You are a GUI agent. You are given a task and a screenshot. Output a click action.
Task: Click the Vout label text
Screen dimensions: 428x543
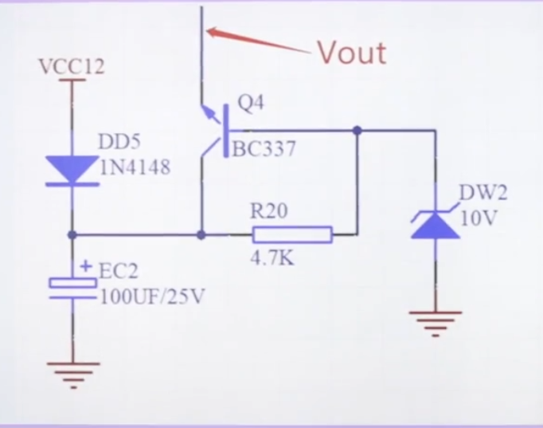[x=352, y=53]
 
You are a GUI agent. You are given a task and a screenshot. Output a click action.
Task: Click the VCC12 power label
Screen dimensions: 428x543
[x=72, y=67]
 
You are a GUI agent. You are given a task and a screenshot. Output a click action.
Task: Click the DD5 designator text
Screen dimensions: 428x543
[x=119, y=142]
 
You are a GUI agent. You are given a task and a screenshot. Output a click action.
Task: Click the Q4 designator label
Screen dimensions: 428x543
[x=251, y=104]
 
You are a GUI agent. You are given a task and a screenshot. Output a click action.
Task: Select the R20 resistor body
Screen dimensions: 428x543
[x=291, y=234]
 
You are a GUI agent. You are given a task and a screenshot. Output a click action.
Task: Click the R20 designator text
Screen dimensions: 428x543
[x=268, y=211]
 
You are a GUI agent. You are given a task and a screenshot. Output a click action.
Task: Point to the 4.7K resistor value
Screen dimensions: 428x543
[x=270, y=258]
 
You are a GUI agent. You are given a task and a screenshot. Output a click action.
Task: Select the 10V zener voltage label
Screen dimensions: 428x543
[x=478, y=218]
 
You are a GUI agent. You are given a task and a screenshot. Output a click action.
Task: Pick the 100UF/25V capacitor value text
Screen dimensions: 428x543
[x=152, y=296]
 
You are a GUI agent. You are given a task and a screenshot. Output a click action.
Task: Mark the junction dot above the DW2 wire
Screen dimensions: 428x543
[x=357, y=130]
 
